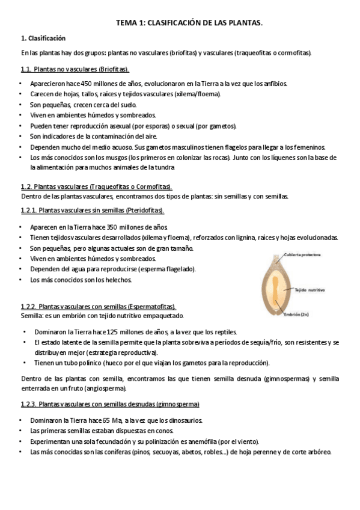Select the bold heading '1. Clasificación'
click(x=43, y=38)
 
